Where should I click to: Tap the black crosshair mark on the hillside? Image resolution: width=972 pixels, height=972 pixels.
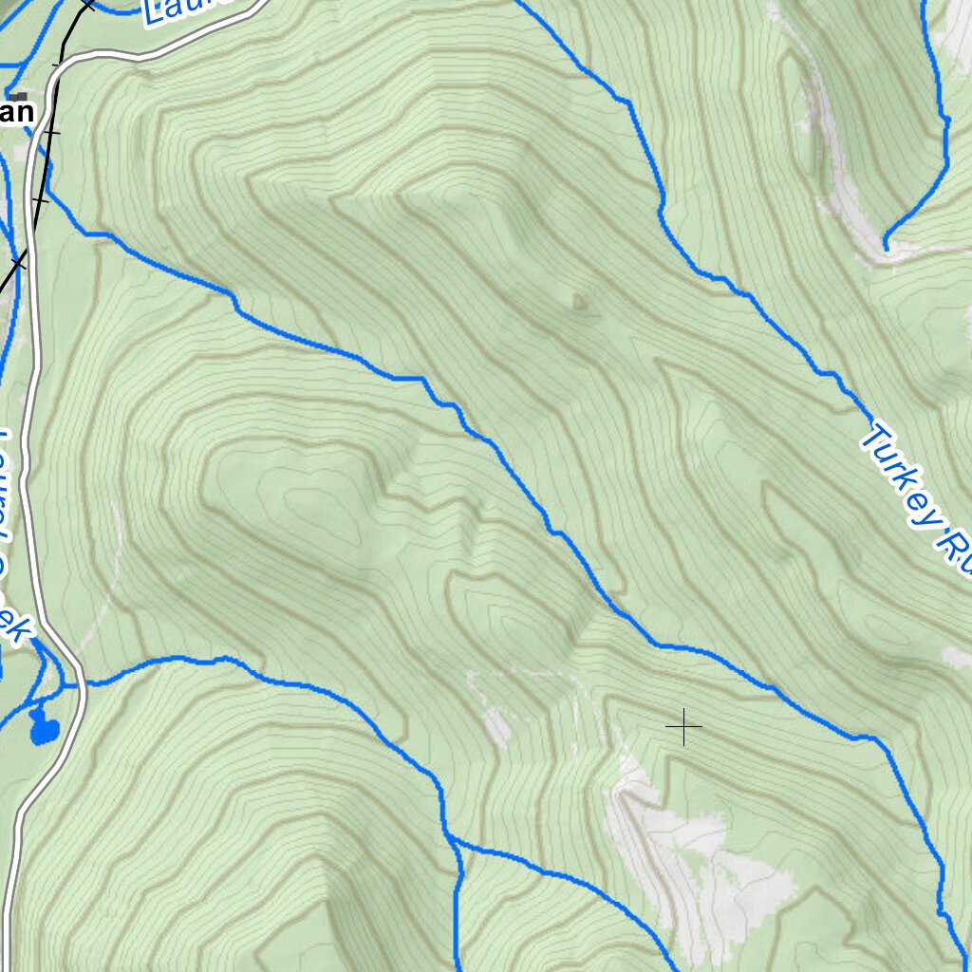683,727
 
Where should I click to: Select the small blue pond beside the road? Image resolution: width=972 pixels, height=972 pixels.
42,729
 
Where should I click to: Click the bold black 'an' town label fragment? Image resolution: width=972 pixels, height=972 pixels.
16,113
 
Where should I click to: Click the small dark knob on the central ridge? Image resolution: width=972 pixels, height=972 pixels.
579,302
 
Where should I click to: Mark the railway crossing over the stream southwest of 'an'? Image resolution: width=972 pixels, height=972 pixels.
19,259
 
